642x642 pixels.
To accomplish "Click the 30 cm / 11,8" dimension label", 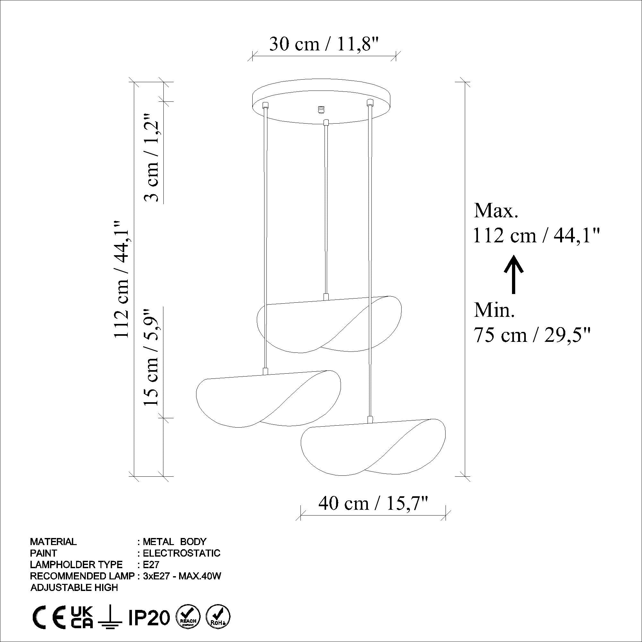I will point(324,44).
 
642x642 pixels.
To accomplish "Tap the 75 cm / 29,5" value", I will point(532,335).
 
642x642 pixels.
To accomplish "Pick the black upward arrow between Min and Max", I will point(514,274).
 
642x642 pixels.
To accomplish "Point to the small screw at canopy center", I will point(321,109).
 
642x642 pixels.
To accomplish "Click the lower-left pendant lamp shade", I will point(268,399).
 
